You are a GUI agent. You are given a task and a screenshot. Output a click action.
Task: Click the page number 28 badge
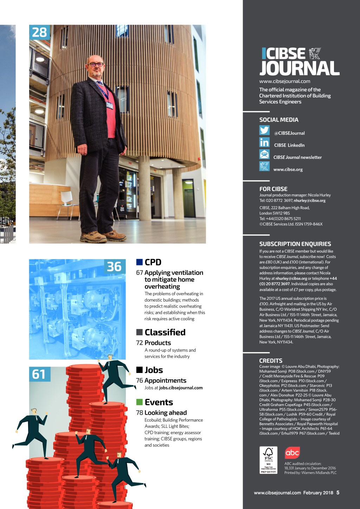[39, 32]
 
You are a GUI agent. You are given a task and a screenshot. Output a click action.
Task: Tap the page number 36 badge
[114, 267]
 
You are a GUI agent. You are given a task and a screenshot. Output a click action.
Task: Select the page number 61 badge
[39, 374]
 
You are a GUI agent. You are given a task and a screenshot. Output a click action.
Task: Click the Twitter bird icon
[264, 130]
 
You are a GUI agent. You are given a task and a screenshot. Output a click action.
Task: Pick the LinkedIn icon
[264, 142]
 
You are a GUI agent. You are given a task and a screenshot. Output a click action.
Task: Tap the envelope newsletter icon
[264, 154]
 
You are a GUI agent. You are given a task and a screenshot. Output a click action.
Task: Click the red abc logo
[292, 453]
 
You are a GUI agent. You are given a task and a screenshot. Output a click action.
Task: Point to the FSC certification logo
[268, 460]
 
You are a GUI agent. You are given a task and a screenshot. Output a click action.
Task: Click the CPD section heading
[153, 262]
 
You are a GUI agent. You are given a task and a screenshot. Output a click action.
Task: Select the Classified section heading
[165, 332]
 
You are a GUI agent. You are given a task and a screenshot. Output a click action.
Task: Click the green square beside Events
[140, 402]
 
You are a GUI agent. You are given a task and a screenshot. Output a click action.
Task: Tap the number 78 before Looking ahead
[140, 413]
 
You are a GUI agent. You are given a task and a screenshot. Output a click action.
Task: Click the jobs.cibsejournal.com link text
[181, 388]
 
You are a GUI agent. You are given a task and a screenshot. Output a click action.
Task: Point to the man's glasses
[96, 64]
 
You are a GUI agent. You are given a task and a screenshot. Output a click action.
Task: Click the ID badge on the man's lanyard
[110, 105]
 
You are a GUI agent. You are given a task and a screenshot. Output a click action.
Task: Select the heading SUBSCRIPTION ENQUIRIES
[295, 244]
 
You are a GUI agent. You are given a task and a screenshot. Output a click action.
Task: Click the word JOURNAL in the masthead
[300, 68]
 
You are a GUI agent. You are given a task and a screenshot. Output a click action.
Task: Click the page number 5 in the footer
[338, 492]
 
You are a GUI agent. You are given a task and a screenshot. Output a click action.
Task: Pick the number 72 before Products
[140, 343]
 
